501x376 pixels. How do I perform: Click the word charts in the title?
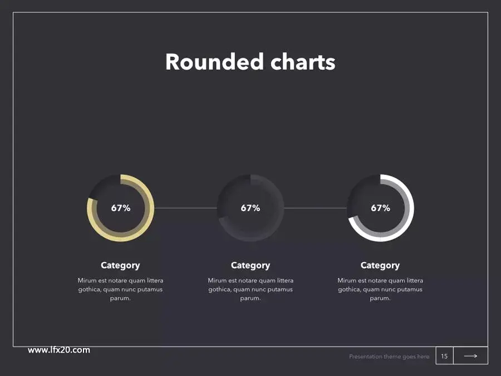click(303, 62)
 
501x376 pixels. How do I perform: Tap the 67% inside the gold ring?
click(121, 208)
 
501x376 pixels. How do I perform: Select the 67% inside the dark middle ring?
click(250, 208)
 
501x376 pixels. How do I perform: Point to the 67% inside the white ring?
click(381, 208)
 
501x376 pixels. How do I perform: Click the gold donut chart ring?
click(150, 208)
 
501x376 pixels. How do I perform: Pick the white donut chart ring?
click(409, 208)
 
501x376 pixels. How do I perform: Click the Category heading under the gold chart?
click(120, 265)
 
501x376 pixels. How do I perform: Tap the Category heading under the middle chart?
click(250, 265)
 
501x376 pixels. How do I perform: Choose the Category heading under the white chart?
click(380, 265)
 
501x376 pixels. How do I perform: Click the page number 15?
click(444, 356)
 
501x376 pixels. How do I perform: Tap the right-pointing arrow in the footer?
click(470, 356)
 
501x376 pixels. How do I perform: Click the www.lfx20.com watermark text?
click(59, 350)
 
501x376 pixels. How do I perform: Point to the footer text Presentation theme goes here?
click(389, 357)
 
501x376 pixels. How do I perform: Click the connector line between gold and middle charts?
click(185, 208)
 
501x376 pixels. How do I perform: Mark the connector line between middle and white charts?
click(316, 208)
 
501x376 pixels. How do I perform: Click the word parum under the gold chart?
click(120, 299)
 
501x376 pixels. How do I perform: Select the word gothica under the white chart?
click(348, 290)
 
